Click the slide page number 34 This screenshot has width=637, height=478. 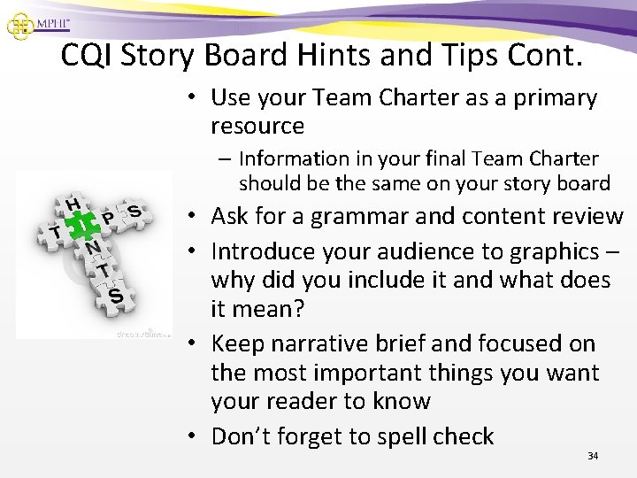592,456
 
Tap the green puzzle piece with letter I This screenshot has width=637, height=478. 81,229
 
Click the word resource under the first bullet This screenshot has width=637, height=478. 257,126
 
